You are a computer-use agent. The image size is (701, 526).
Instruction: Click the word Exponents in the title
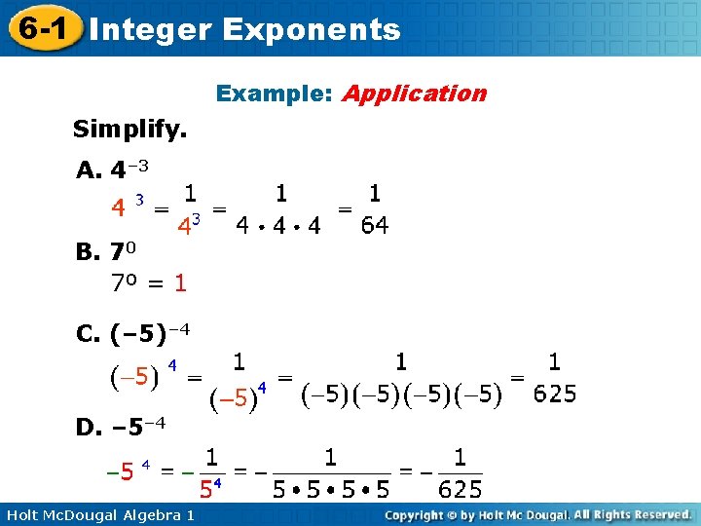click(x=311, y=29)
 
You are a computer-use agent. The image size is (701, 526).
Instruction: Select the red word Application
click(x=414, y=94)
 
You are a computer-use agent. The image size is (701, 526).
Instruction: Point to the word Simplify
click(x=130, y=129)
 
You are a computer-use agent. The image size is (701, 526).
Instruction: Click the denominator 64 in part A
click(x=374, y=226)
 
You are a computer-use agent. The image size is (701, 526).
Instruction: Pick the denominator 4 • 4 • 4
click(x=279, y=227)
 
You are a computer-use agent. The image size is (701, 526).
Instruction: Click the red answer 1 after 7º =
click(x=180, y=283)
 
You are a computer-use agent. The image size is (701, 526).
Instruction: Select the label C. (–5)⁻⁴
click(x=132, y=334)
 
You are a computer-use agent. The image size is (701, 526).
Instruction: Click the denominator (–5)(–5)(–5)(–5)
click(x=401, y=394)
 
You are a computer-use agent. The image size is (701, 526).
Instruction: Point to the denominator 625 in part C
click(x=555, y=394)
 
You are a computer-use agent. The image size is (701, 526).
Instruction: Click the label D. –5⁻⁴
click(x=121, y=426)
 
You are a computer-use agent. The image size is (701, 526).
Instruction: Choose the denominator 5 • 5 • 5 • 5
click(x=330, y=488)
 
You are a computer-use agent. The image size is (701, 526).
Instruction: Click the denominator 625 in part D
click(x=460, y=488)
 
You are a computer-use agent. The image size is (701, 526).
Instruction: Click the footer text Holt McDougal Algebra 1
click(x=98, y=513)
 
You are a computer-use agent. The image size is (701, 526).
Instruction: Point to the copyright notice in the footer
click(x=537, y=513)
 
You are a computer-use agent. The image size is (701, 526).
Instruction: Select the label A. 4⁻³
click(x=112, y=170)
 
